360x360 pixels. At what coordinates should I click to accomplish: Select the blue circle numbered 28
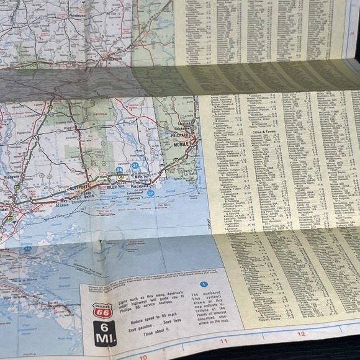click(119, 169)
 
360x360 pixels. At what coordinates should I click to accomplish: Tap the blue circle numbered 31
click(135, 165)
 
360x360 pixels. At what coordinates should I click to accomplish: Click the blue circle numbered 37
click(151, 193)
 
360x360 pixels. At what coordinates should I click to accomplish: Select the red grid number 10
click(143, 357)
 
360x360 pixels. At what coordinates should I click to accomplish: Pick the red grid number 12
click(301, 334)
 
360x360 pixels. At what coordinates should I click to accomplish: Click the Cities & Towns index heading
click(264, 132)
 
